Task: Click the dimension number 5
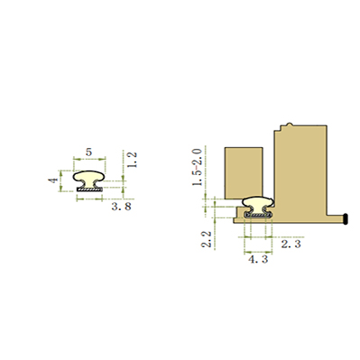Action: coord(88,152)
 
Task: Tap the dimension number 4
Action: coord(53,180)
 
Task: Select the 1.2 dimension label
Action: coord(132,160)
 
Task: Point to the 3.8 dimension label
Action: coord(122,207)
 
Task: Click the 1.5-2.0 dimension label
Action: coord(198,167)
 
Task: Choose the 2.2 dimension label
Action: coord(207,239)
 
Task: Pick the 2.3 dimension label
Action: coord(291,244)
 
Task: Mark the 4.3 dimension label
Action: coord(258,259)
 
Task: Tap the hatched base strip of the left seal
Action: coord(89,189)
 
